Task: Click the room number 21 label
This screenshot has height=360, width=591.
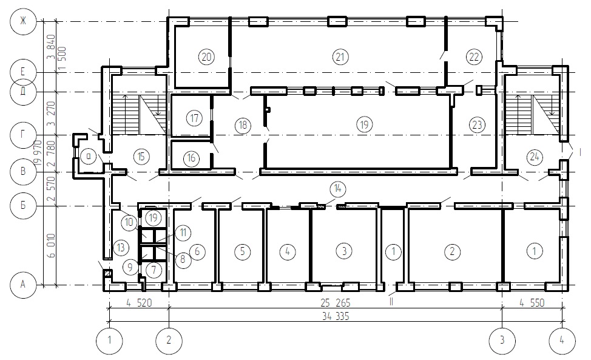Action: tap(340, 57)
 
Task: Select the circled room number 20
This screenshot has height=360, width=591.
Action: tap(206, 57)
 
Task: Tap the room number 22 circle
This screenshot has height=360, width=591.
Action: tap(474, 57)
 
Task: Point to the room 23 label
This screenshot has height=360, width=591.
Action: tap(477, 124)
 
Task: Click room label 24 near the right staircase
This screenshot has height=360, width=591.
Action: tap(535, 157)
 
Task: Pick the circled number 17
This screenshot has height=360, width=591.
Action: tap(194, 118)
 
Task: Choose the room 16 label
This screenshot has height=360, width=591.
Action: tap(191, 158)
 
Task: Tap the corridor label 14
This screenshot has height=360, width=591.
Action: tap(337, 188)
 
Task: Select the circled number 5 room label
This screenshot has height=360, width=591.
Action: tap(242, 251)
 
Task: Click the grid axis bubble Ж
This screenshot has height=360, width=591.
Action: tap(23, 21)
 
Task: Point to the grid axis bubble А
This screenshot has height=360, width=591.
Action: tap(23, 285)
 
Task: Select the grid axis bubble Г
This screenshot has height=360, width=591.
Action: tap(23, 135)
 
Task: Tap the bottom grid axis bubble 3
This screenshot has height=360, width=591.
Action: tap(502, 341)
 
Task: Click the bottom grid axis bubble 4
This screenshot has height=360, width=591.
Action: tap(562, 341)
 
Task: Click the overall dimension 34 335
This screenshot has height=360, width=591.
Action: tap(336, 316)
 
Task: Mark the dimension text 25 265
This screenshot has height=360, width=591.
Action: tap(336, 303)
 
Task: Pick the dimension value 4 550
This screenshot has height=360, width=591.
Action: tap(532, 303)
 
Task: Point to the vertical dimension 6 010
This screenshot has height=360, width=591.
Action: tap(52, 245)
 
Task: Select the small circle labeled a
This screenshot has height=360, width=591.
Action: tap(89, 156)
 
